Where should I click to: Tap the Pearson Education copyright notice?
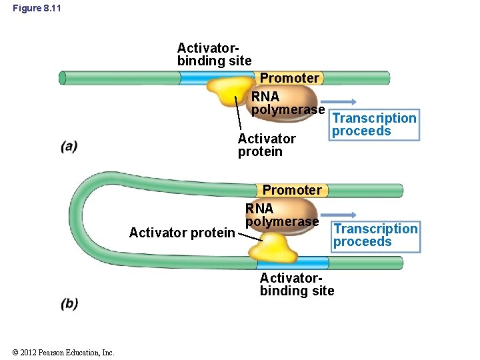[63, 352]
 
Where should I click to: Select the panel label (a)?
[69, 147]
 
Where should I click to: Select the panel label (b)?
[69, 303]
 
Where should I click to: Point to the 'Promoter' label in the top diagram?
[289, 78]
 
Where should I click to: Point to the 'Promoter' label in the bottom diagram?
[291, 190]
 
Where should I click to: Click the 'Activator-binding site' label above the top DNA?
[214, 55]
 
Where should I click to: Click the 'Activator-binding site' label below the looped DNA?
[297, 284]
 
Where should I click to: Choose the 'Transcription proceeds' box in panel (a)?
[375, 125]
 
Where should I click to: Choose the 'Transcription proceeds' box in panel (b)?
[376, 235]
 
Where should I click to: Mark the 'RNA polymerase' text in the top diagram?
[287, 103]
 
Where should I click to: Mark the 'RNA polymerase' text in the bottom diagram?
[281, 215]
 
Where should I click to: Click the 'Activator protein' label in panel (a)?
[266, 145]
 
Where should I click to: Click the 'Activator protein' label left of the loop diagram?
[181, 233]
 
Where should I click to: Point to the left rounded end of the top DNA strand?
[63, 78]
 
